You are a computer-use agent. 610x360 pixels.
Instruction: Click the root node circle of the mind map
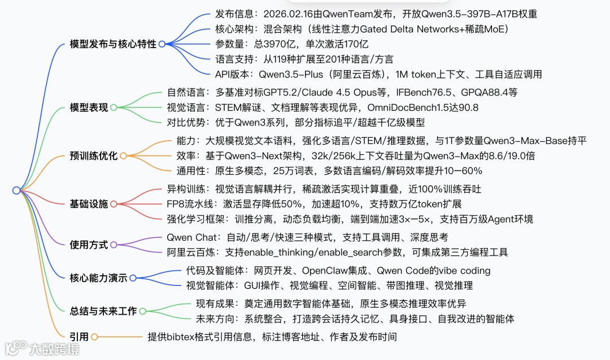pyautogui.click(x=16, y=191)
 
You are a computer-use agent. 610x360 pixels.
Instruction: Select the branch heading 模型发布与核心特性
pyautogui.click(x=113, y=44)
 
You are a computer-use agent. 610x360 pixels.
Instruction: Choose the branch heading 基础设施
pyautogui.click(x=89, y=204)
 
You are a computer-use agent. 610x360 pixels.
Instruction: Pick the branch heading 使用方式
pyautogui.click(x=89, y=245)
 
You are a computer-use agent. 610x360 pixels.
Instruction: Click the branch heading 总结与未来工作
pyautogui.click(x=103, y=310)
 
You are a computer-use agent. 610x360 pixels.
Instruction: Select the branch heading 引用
pyautogui.click(x=79, y=337)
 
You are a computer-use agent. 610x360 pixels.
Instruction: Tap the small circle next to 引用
pyautogui.click(x=94, y=337)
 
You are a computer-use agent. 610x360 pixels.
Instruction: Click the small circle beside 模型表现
pyautogui.click(x=114, y=107)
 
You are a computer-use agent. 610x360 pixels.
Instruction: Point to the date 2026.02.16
pyautogui.click(x=287, y=14)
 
